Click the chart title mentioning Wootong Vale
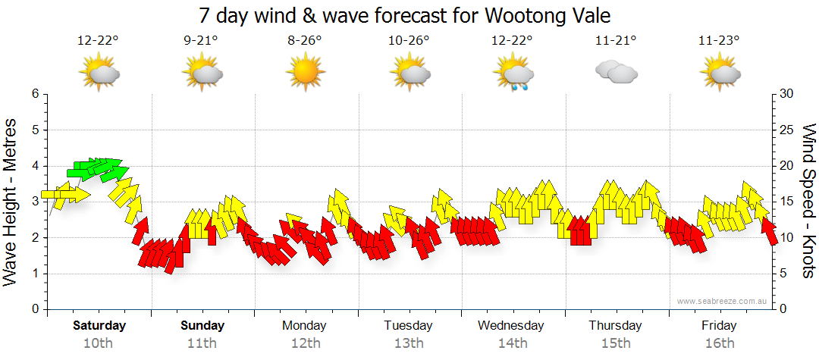[404, 15]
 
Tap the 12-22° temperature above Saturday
[98, 41]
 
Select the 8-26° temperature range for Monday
[305, 41]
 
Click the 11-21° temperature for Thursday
[615, 41]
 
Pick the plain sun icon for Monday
[305, 74]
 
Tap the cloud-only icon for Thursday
[616, 72]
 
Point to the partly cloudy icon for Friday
[719, 74]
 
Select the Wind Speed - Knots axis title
[808, 202]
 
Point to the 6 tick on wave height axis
[34, 94]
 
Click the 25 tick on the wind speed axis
[786, 130]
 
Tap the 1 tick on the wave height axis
[34, 274]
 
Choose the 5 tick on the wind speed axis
[783, 274]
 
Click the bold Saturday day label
[99, 326]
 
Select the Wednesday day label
[511, 326]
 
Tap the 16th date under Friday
[719, 343]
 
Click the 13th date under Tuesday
[408, 343]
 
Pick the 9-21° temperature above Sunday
[202, 41]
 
